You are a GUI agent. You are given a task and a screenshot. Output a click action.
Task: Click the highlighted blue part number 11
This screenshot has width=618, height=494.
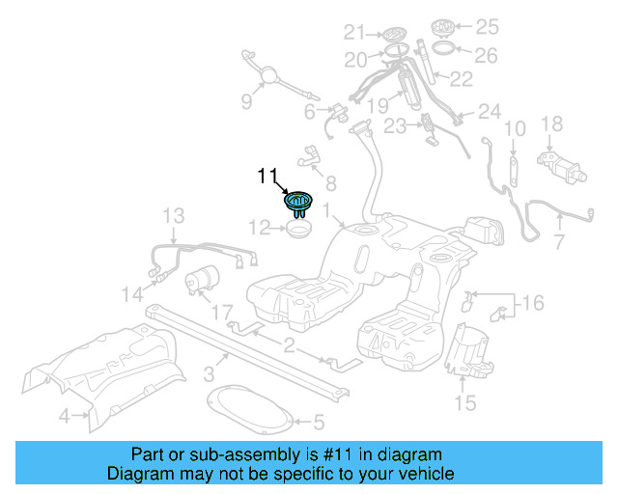(298, 201)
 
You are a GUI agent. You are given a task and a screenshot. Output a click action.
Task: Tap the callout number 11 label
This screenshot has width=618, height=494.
(267, 176)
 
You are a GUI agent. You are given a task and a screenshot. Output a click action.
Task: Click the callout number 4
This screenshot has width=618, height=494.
(64, 417)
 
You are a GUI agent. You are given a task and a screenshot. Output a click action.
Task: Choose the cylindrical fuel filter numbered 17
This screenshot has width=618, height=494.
(203, 281)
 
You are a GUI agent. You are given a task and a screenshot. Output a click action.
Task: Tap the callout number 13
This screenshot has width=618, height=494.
(172, 214)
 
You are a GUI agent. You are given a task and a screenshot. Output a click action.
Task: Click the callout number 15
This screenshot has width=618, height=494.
(465, 403)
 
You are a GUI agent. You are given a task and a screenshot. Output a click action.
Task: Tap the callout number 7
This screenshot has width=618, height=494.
(559, 238)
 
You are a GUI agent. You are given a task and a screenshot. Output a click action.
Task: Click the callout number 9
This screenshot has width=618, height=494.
(245, 101)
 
